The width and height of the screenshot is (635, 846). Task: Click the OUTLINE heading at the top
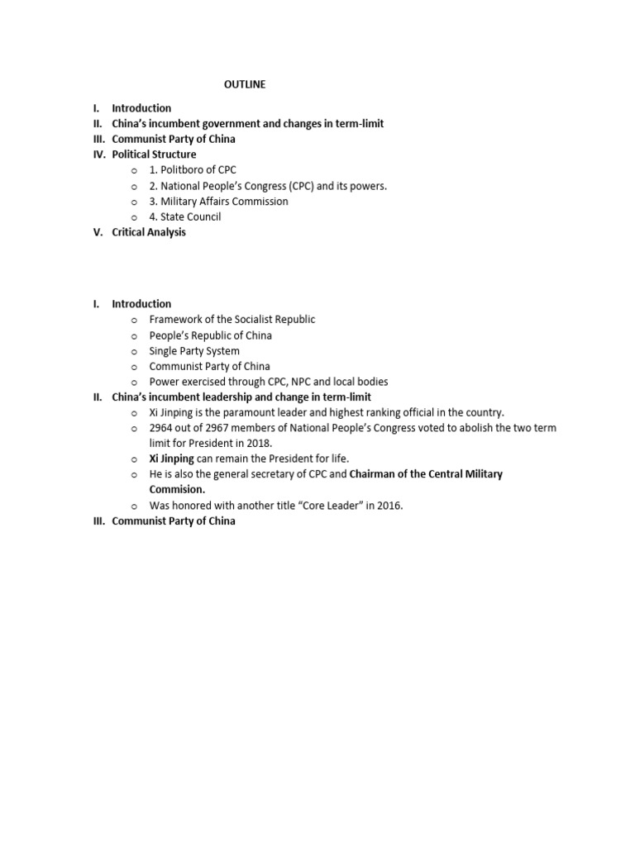[246, 84]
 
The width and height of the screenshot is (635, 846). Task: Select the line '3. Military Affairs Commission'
[218, 202]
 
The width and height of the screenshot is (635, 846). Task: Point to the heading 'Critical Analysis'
[149, 232]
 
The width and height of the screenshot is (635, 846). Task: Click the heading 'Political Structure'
[154, 154]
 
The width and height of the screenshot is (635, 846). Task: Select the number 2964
[162, 428]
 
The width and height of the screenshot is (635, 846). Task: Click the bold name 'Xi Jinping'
[171, 459]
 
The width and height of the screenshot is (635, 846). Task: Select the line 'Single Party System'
[194, 351]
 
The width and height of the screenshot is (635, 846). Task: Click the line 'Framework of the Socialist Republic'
[232, 320]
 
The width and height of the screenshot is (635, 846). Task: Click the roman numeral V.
[98, 232]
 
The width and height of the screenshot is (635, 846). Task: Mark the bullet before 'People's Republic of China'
[133, 336]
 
